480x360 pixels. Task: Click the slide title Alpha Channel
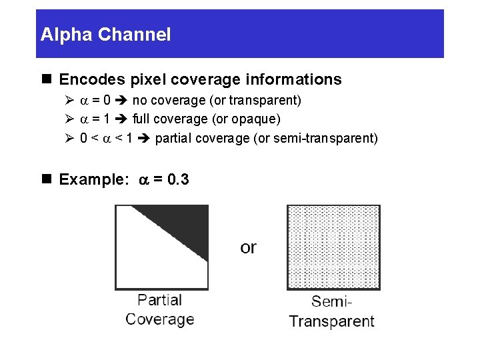tap(105, 35)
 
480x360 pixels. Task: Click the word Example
tap(93, 179)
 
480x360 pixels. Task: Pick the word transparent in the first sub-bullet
tap(266, 101)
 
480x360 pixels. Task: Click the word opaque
tap(257, 119)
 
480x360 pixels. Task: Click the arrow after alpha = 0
tap(122, 101)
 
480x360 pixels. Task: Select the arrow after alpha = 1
tap(122, 119)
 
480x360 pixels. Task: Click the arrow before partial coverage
tap(145, 139)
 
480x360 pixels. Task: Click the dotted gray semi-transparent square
tap(333, 247)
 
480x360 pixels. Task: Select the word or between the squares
tap(248, 247)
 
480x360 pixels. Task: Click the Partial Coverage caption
tap(160, 310)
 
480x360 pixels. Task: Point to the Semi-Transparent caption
tap(331, 312)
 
